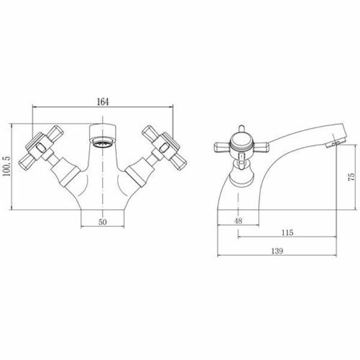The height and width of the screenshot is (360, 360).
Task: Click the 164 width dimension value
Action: click(x=103, y=102)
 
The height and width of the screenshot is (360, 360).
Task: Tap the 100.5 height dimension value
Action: click(x=7, y=166)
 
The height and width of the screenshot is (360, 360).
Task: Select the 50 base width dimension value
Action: click(x=103, y=222)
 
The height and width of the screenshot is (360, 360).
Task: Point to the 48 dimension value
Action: click(x=238, y=221)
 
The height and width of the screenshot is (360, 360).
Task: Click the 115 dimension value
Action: click(x=287, y=233)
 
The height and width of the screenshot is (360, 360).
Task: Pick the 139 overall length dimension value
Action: click(x=277, y=251)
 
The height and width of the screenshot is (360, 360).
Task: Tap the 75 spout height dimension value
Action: click(x=352, y=177)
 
